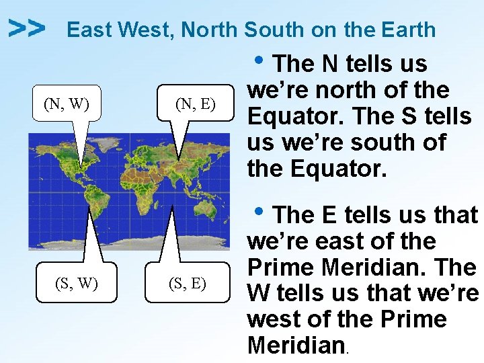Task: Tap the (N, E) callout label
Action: (194, 104)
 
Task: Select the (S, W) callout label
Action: (75, 283)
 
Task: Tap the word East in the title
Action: (90, 30)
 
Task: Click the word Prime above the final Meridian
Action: (414, 319)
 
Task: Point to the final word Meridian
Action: (296, 346)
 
